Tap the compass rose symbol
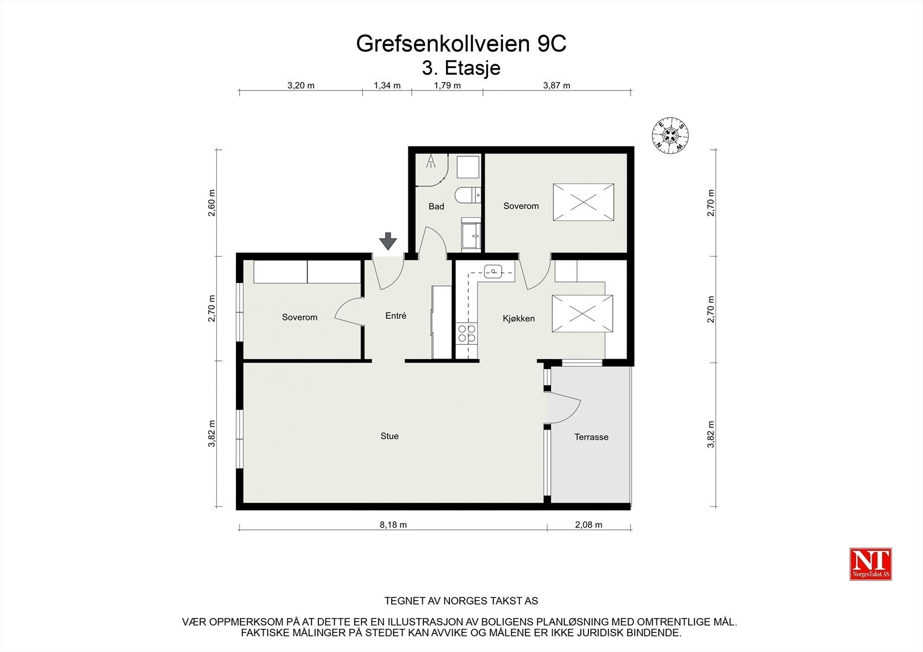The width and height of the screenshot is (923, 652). (669, 136)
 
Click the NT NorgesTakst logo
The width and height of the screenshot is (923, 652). (871, 564)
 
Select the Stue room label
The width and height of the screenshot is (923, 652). (389, 436)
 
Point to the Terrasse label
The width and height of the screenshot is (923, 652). (591, 437)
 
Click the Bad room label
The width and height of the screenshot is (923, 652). (436, 206)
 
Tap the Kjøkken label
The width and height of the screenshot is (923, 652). (519, 318)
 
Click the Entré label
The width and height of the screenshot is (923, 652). (396, 316)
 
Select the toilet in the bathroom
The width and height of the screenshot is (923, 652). (467, 196)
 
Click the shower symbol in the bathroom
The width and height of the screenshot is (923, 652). (431, 162)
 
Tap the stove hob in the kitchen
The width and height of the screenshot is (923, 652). (467, 333)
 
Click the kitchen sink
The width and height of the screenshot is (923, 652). (493, 270)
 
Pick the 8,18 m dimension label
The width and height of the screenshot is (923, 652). (393, 525)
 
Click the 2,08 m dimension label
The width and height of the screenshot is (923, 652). (588, 525)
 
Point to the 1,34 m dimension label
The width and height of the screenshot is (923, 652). (387, 85)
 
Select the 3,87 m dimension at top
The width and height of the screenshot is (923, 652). (557, 85)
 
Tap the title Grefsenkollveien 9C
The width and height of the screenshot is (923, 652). (461, 44)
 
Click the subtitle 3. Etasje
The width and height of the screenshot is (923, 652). (461, 68)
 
